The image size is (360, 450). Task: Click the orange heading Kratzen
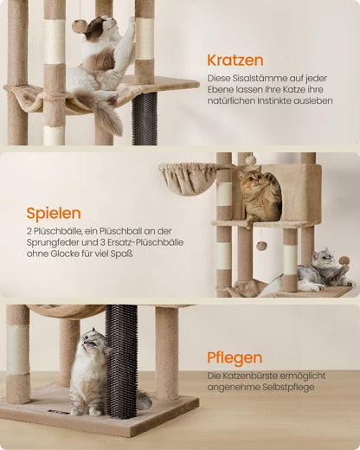[235, 61]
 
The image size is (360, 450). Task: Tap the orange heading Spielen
[54, 214]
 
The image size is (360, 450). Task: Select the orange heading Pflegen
[235, 358]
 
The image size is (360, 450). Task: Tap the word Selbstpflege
[288, 387]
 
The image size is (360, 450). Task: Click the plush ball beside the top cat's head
[78, 26]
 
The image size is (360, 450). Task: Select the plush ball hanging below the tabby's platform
[262, 246]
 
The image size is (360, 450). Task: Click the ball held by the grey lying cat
[344, 260]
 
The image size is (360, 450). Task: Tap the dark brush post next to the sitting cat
[121, 361]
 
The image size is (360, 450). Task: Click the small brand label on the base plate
[59, 412]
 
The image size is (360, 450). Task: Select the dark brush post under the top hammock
[145, 119]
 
